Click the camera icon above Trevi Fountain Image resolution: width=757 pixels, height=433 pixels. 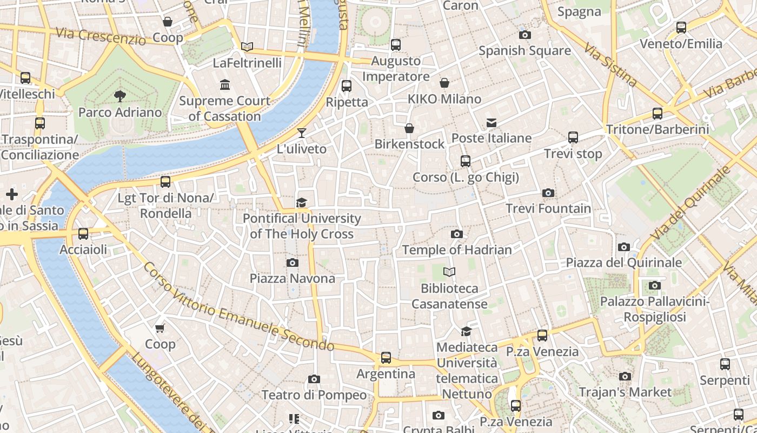548,193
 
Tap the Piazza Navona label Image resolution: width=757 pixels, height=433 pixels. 292,278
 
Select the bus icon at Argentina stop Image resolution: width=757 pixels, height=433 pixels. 386,358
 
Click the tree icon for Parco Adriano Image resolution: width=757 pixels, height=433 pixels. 120,96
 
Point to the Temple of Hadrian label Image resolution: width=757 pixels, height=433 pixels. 456,250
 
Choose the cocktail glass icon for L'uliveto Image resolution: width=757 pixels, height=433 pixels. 302,133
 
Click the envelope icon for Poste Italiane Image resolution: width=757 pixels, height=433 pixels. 491,123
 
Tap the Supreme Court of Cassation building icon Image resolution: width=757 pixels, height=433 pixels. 224,85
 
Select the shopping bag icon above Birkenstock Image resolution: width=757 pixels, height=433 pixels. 409,128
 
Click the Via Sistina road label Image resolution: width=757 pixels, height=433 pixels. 610,65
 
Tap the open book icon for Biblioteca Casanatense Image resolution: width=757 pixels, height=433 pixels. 449,272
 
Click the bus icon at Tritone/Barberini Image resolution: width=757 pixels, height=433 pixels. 657,114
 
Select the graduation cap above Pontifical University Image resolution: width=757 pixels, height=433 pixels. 301,202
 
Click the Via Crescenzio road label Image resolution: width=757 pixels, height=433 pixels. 101,36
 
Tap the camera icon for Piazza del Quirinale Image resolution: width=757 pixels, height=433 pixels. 623,247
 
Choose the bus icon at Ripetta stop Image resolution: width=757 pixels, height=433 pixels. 347,86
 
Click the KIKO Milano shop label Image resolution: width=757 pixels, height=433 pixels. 444,99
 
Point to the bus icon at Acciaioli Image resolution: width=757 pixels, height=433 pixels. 83,234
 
